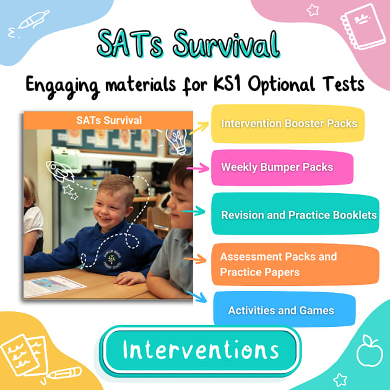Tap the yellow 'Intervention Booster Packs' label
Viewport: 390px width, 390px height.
(x=288, y=123)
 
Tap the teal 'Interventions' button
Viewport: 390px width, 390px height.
(x=201, y=350)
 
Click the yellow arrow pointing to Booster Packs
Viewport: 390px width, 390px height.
(x=199, y=129)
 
